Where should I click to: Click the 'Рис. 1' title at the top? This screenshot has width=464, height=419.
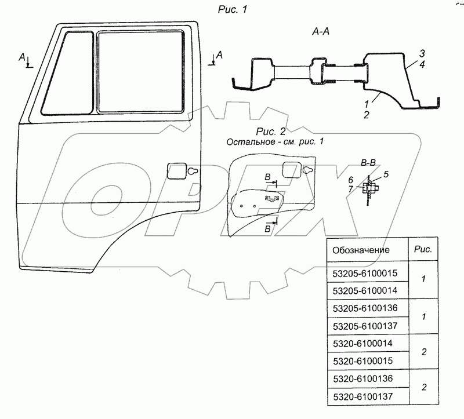233,9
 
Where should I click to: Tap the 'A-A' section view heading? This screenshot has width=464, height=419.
321,31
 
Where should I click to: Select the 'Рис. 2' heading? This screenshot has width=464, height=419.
271,131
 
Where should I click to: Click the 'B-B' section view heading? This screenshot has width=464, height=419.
368,162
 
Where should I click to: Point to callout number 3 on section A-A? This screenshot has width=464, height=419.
422,53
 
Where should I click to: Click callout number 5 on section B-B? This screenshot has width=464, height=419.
386,174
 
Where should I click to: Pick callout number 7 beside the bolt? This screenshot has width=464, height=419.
350,189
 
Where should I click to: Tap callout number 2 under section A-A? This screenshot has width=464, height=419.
367,115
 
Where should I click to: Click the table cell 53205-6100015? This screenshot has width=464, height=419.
365,273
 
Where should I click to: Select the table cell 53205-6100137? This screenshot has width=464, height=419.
365,326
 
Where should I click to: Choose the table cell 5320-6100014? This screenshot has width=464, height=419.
362,343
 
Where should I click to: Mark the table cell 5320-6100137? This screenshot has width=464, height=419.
363,396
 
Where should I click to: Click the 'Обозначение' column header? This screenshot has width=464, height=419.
361,250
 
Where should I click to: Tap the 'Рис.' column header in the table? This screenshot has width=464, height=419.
423,249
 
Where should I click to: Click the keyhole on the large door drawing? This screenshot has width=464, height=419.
193,171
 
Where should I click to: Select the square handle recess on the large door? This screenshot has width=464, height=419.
177,171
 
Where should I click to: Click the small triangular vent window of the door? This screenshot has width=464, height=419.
68,73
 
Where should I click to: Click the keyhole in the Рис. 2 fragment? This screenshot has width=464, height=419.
307,170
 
